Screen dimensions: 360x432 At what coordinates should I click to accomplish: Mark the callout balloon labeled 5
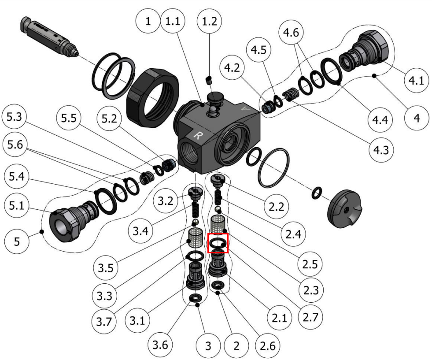coord(16,242)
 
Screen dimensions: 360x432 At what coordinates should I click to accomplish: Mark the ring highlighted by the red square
coord(218,243)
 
